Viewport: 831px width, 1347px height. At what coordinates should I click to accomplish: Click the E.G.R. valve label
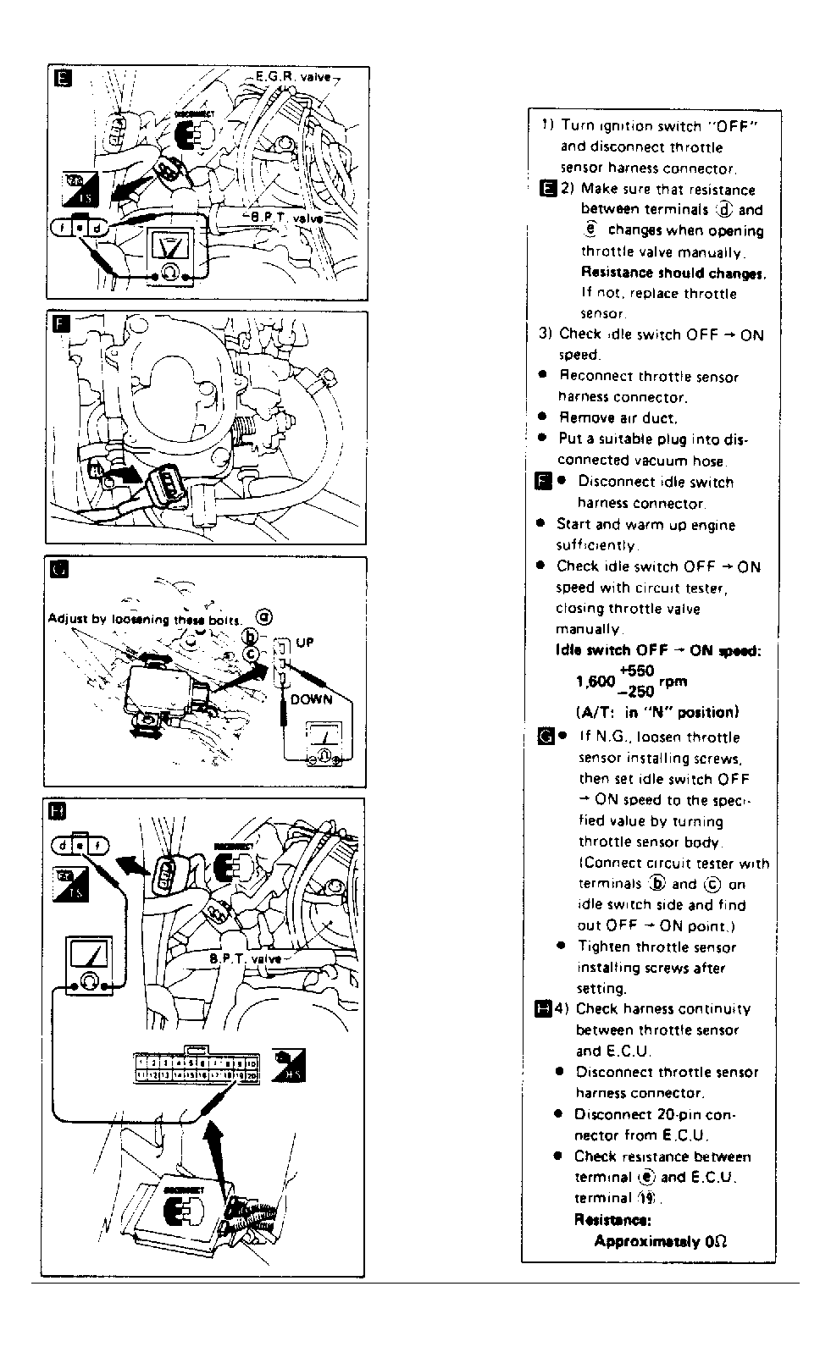(x=292, y=77)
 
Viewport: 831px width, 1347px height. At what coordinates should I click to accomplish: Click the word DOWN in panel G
(x=311, y=699)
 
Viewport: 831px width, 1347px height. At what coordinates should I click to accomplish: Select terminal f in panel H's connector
(x=98, y=845)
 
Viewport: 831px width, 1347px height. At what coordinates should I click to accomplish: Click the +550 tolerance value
(x=636, y=671)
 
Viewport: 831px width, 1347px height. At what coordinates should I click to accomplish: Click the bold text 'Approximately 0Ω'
(x=661, y=1241)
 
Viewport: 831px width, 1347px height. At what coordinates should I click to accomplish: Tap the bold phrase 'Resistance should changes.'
(x=673, y=273)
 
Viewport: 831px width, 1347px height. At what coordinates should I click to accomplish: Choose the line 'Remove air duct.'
(x=618, y=417)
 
